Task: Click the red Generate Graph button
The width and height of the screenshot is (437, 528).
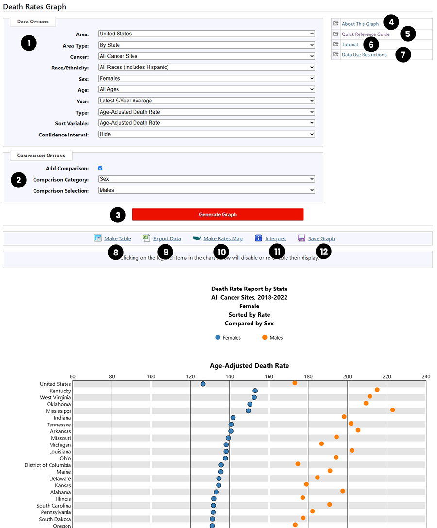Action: (x=218, y=214)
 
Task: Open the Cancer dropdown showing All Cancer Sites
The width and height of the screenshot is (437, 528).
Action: (x=206, y=56)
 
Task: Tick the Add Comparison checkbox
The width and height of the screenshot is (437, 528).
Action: (x=101, y=168)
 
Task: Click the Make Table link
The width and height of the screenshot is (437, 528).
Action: (x=117, y=238)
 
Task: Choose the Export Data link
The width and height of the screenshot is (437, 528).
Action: (x=167, y=238)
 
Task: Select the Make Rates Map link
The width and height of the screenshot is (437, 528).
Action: (x=222, y=238)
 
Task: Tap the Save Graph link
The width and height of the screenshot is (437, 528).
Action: (x=321, y=238)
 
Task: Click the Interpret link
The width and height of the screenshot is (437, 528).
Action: (x=275, y=238)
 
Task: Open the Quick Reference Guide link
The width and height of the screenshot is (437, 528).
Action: (x=365, y=34)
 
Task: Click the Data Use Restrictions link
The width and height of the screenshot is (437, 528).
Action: (x=364, y=55)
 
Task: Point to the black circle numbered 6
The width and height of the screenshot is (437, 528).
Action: (x=371, y=45)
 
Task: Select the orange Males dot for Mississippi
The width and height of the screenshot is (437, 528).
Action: (x=392, y=410)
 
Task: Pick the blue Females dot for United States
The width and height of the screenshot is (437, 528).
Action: (x=203, y=384)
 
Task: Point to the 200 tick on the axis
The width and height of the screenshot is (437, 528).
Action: (x=347, y=376)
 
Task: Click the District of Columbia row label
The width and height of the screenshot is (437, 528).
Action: (x=48, y=465)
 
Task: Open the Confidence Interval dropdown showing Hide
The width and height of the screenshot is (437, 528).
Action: (x=206, y=134)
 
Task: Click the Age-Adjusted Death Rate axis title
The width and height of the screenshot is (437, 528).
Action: (x=249, y=366)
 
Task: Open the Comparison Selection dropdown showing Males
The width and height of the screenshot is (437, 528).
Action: (x=206, y=190)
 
